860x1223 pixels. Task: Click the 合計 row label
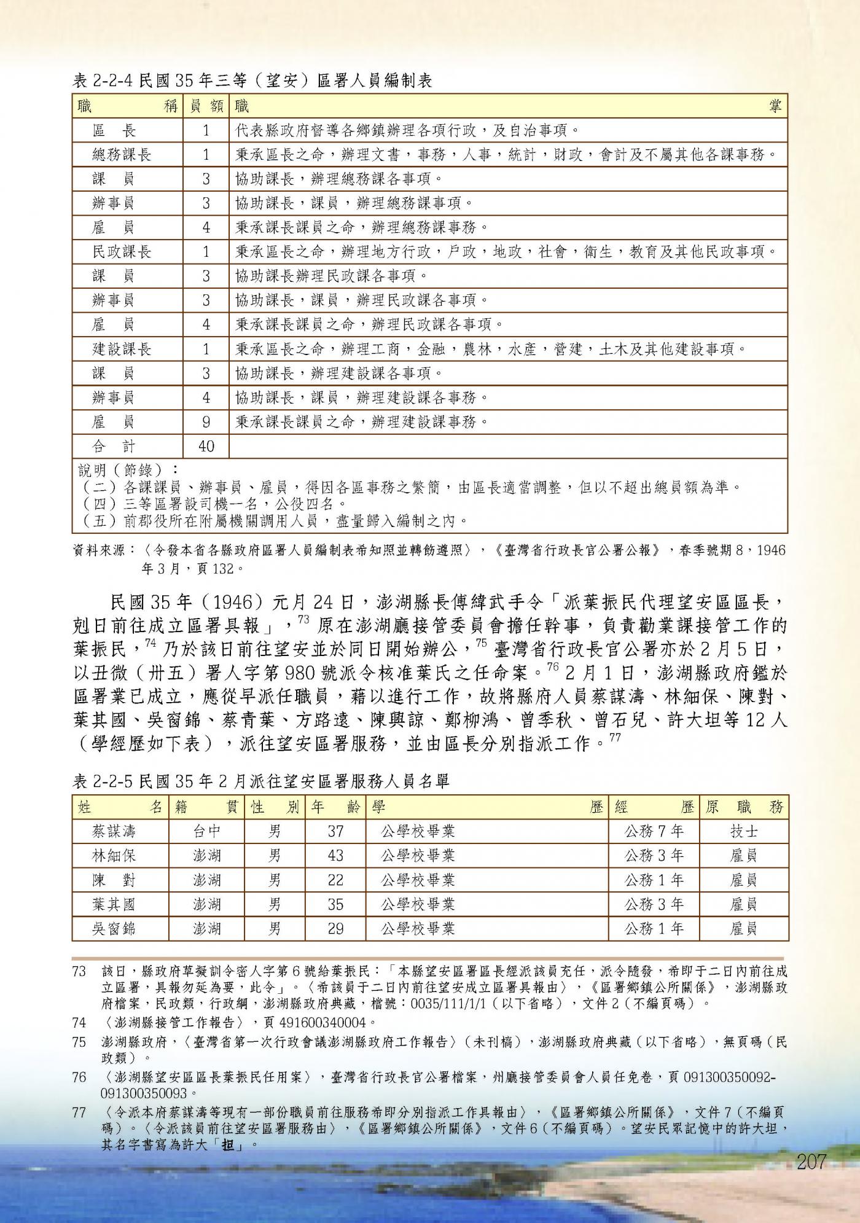coord(114,446)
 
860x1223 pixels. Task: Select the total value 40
coord(206,446)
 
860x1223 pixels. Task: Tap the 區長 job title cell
coord(114,130)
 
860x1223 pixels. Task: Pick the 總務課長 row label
coord(122,154)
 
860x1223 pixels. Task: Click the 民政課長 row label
coord(122,251)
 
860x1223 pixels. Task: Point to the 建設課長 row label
coord(122,349)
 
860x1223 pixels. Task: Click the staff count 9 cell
coord(206,422)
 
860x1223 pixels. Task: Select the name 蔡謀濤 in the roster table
coord(114,832)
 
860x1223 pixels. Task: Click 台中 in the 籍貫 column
coord(206,832)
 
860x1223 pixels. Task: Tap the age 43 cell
coord(335,856)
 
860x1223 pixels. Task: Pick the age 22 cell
coord(335,880)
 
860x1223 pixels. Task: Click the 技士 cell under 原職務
coord(743,832)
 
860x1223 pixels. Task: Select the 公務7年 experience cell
coord(654,832)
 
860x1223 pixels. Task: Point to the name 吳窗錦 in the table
coord(114,929)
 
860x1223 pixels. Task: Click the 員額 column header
coord(206,106)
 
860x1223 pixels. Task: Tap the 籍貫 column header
coord(206,807)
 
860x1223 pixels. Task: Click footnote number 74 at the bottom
coord(79,1023)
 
